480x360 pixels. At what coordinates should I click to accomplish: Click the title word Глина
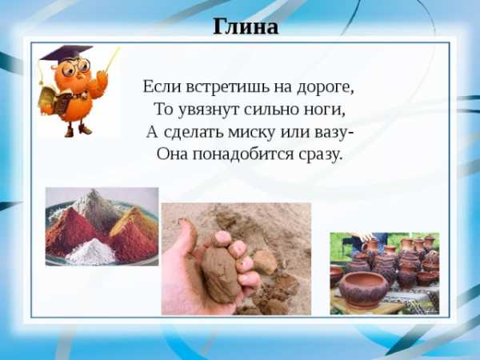coord(246,26)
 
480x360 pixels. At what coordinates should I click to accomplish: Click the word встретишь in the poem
coord(227,87)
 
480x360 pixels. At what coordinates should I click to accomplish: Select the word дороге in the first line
coord(326,88)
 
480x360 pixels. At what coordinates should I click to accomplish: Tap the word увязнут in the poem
coord(209,110)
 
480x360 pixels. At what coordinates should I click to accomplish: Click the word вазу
coord(332,133)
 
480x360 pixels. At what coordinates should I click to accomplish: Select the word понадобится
coord(243,154)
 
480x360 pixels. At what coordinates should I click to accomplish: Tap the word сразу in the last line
coord(319,155)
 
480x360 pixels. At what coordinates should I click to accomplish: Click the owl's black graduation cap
coord(66,53)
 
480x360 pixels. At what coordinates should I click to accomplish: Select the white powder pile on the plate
coord(91,252)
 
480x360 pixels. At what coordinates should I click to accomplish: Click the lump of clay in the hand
coord(220,273)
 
